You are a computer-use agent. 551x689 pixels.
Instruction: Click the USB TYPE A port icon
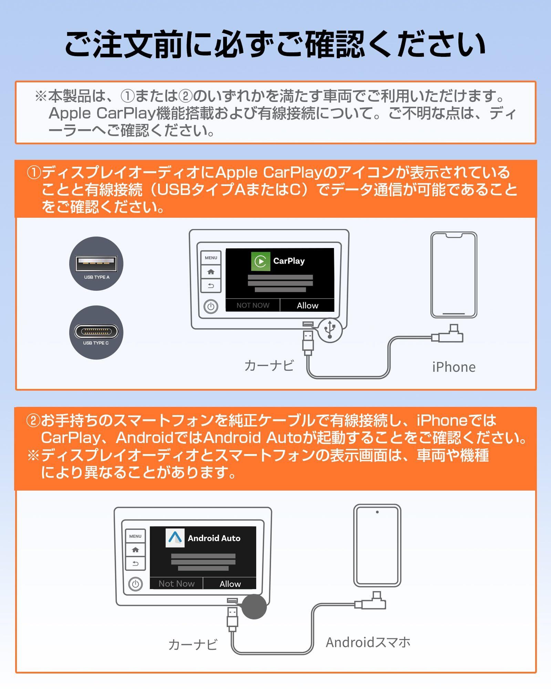(x=96, y=264)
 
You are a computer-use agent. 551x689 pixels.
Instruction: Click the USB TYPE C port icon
(x=96, y=332)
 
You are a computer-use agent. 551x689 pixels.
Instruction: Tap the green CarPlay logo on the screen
(x=260, y=261)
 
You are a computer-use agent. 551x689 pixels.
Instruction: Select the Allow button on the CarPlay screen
(x=307, y=305)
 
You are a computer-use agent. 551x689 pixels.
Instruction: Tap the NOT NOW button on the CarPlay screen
(x=253, y=305)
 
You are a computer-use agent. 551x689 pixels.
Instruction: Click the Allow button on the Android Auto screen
(x=230, y=584)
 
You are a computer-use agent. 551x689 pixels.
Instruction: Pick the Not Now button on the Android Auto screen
(x=176, y=584)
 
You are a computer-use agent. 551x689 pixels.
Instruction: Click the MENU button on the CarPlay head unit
(x=211, y=258)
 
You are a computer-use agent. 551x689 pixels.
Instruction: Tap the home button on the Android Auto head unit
(x=135, y=550)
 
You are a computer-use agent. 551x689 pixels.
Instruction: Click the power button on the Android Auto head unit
(x=135, y=584)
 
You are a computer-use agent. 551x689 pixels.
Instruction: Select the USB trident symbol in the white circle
(x=330, y=330)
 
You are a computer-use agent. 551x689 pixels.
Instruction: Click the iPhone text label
(x=454, y=367)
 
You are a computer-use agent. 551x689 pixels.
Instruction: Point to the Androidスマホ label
(x=368, y=642)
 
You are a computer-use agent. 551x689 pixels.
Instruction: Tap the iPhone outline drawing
(x=454, y=275)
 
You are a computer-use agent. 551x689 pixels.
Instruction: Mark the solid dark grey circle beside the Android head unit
(x=254, y=606)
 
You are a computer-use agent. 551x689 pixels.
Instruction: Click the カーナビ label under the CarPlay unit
(x=269, y=366)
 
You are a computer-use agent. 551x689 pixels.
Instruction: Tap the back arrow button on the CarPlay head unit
(x=211, y=286)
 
